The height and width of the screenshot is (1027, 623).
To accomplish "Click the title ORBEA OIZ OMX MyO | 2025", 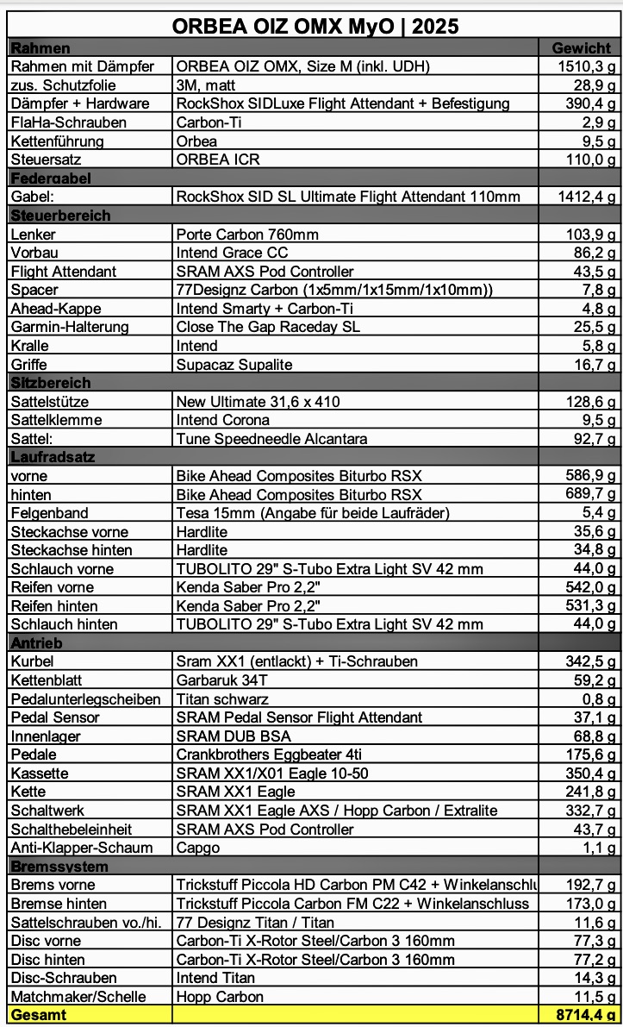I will click(315, 26).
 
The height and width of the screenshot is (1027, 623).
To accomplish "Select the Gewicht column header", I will click(581, 48).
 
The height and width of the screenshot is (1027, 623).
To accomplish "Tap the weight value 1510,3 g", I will click(586, 66).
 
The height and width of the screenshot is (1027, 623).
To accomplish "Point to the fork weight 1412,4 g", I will click(586, 197).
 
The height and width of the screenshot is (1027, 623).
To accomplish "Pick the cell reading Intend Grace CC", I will click(232, 253).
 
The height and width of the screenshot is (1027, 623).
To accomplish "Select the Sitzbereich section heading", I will click(50, 383).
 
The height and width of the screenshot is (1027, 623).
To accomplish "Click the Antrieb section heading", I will click(36, 643).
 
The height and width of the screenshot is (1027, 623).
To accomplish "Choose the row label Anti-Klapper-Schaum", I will click(81, 848).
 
